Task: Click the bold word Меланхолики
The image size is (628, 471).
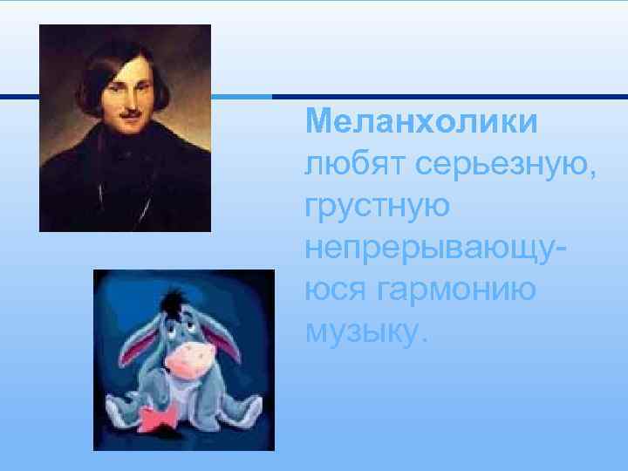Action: pos(421,121)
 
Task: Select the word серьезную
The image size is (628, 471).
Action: pos(507,165)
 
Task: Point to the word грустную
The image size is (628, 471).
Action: pos(378,208)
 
